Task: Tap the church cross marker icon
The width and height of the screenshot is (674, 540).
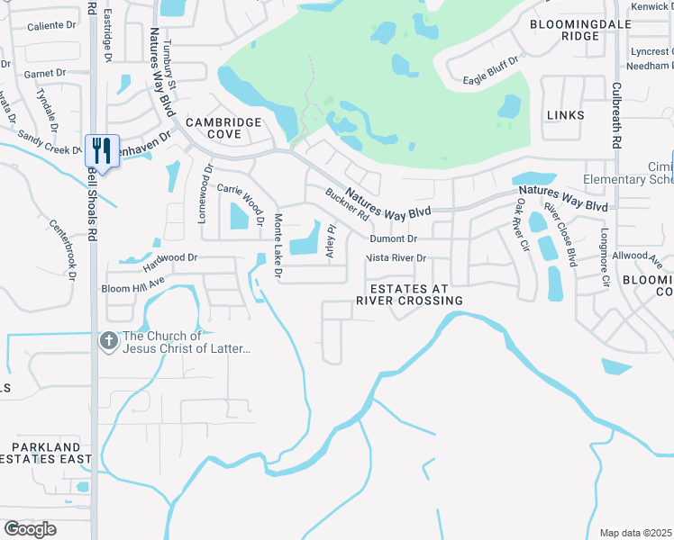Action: point(107,341)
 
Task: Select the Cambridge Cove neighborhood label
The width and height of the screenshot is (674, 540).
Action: point(224,128)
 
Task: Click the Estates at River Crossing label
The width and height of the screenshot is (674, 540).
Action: point(409,294)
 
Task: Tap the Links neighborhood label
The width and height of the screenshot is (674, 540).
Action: point(565,115)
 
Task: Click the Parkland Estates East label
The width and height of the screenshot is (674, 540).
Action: point(46,453)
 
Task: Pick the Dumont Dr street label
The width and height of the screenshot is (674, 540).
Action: point(395,238)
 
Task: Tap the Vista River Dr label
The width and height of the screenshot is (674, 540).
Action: point(396,258)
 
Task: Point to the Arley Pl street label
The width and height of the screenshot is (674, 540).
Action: point(331,242)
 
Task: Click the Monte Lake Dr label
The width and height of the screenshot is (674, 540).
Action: point(278,246)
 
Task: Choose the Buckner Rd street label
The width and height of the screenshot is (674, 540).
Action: point(347,204)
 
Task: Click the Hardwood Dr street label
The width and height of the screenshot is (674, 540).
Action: point(169,263)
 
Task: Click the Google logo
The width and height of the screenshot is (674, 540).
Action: point(30,529)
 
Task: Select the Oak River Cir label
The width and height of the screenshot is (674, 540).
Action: point(520,225)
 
